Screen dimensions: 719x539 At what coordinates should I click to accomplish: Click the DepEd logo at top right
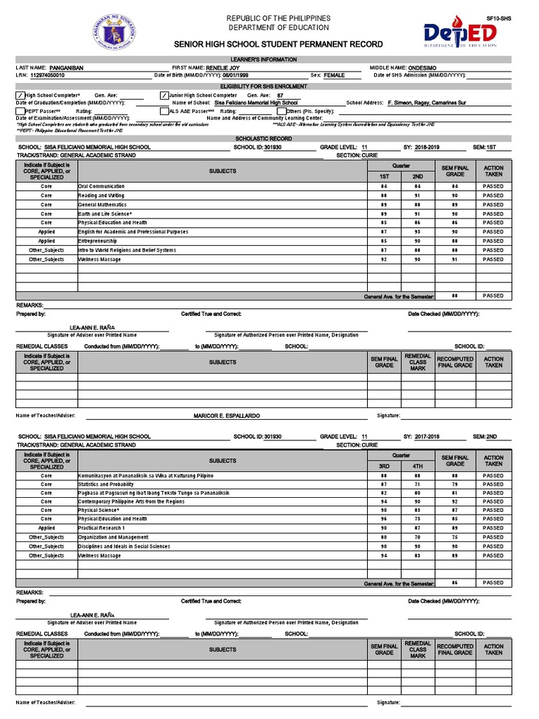coord(460,34)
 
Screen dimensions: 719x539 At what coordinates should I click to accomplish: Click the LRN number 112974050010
coord(47,75)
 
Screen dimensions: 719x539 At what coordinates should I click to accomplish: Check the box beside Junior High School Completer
coord(164,95)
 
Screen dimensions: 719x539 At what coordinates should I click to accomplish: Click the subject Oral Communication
coord(102,187)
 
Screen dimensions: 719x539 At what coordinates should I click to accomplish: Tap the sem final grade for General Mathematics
coord(455,205)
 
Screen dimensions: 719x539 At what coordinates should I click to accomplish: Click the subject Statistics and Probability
coord(106,484)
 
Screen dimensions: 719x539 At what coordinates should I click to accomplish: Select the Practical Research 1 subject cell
coord(102,528)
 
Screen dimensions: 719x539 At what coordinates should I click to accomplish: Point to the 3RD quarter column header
coord(384,466)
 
